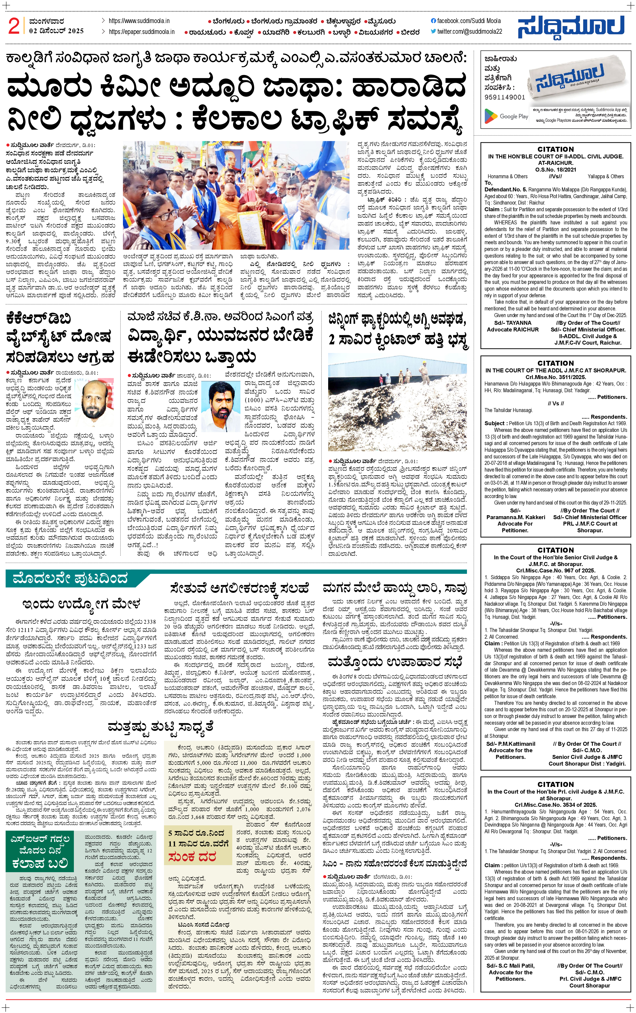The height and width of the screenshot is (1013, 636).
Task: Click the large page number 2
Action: click(x=14, y=27)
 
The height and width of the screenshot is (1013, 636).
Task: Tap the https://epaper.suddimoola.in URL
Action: click(x=141, y=31)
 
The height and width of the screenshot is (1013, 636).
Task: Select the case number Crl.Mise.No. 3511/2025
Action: click(x=555, y=377)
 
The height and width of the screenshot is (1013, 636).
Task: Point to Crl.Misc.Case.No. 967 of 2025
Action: click(x=555, y=570)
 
